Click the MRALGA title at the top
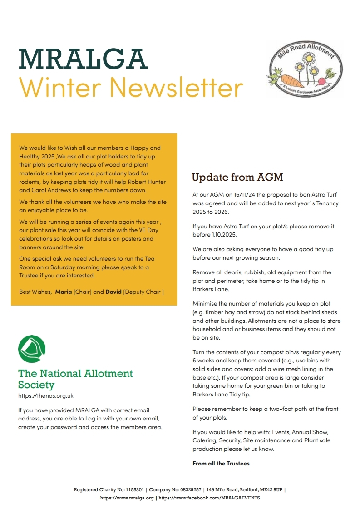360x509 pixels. point(83,59)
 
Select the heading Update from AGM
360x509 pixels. point(237,177)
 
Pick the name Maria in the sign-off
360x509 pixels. point(64,292)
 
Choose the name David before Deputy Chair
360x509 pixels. point(113,292)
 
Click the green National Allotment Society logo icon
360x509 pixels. point(32,349)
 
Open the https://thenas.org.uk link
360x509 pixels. point(45,396)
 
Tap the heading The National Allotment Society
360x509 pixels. point(75,379)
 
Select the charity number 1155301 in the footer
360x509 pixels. point(133,490)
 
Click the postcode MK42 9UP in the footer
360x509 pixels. point(271,490)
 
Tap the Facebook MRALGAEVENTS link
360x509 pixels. point(209,498)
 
